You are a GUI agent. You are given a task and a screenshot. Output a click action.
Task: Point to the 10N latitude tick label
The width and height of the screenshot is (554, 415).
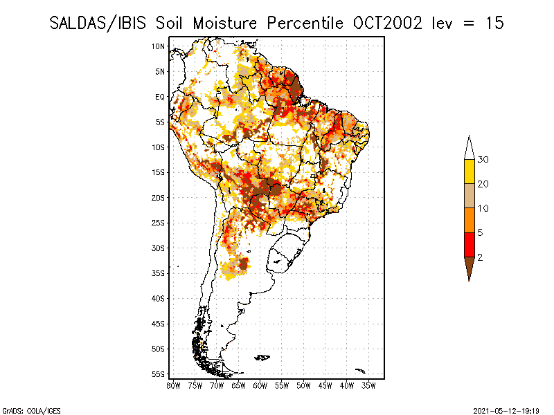point(159,46)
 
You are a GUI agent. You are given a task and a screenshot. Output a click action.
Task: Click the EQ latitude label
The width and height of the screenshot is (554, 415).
point(160,97)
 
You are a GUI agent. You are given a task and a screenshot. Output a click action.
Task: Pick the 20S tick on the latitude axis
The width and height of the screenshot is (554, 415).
point(159,198)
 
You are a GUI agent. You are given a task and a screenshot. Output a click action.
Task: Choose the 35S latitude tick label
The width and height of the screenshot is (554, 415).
point(159,273)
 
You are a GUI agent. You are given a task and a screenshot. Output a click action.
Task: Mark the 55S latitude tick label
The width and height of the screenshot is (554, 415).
point(159,374)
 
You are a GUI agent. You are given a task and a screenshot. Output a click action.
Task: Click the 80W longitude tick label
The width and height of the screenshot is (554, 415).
point(174,385)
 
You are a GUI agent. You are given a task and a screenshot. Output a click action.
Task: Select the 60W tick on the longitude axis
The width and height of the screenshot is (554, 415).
point(260,385)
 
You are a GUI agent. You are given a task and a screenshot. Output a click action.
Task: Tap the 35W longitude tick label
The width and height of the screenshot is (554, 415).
point(368,385)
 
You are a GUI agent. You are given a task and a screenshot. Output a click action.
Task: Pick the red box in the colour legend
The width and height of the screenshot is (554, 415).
point(469,244)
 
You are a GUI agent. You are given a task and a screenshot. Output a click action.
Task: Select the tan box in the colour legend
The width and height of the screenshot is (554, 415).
point(469,196)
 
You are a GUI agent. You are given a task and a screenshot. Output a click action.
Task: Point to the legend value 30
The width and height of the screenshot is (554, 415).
point(483,160)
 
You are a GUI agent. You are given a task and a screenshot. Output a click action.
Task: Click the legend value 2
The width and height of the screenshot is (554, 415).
point(480,257)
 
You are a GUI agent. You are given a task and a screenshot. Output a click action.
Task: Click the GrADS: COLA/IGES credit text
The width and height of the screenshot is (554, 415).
point(24,409)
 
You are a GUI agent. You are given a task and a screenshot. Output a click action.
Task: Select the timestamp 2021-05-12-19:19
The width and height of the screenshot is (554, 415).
point(506,409)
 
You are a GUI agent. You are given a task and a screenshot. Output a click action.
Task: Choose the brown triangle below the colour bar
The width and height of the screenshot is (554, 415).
point(469,268)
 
